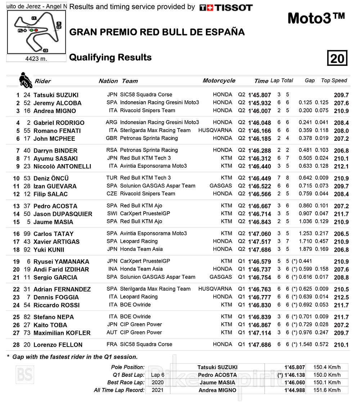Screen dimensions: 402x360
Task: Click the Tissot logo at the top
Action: tap(226, 8)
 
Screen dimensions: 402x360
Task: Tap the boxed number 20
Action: tap(337, 58)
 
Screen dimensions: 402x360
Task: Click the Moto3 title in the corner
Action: tap(316, 18)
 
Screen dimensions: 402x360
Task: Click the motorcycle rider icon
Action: tap(25, 80)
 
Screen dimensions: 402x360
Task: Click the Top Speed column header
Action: tap(334, 81)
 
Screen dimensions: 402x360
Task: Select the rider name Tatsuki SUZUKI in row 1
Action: tap(56, 95)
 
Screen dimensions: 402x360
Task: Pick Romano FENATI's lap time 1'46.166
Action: tap(259, 131)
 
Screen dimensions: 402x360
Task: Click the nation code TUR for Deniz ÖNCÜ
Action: tap(112, 178)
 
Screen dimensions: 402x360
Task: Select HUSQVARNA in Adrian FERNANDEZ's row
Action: tap(215, 289)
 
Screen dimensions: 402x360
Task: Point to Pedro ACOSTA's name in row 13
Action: tap(55, 206)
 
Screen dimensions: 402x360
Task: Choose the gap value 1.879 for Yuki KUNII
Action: tap(306, 249)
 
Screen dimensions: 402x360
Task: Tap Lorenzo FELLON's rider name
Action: tap(58, 345)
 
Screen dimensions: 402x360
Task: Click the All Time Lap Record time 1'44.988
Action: tap(294, 390)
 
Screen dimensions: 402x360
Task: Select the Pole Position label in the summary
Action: tap(128, 367)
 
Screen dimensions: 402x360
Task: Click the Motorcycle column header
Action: tap(219, 81)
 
